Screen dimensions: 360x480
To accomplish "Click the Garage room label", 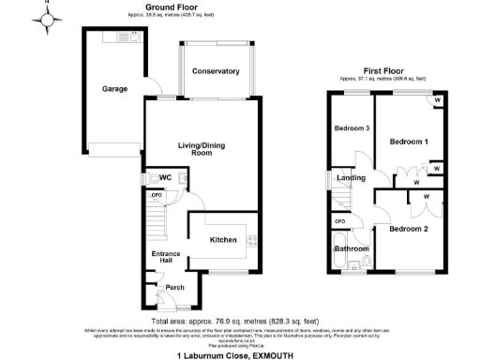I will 114,90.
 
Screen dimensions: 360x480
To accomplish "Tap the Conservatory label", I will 216,72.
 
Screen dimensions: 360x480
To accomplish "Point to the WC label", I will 165,177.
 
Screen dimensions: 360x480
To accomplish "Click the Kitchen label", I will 223,241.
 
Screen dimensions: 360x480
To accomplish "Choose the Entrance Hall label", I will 166,256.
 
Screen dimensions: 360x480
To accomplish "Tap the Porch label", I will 175,288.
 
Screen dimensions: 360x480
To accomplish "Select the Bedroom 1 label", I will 408,141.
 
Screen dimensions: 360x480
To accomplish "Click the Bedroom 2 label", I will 409,229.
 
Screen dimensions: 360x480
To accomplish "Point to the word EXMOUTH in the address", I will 277,355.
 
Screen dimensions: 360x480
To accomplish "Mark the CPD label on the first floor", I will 339,222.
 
